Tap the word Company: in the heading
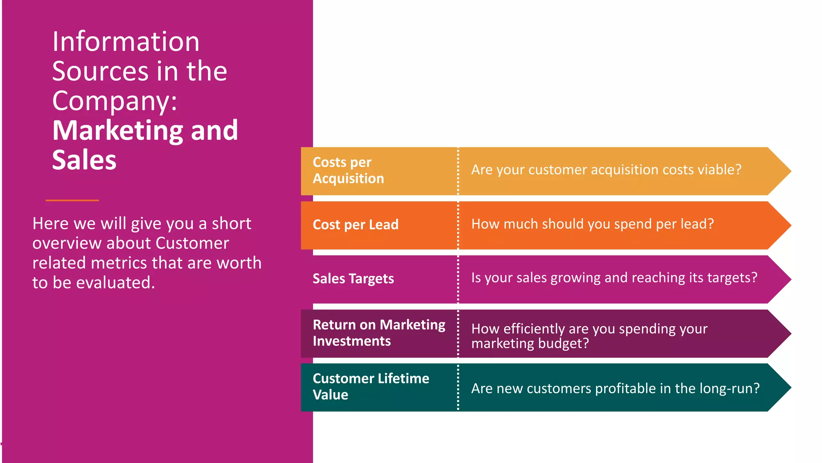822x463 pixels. click(115, 100)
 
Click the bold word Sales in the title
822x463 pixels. click(84, 160)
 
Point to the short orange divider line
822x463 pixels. click(72, 200)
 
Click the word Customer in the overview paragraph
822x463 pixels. click(192, 243)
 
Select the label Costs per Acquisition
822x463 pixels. click(348, 170)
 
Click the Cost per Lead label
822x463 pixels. click(355, 224)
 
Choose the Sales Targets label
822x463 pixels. click(353, 279)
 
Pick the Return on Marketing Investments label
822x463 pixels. click(378, 333)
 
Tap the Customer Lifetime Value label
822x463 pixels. click(370, 387)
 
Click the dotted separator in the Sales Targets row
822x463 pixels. click(458, 279)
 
